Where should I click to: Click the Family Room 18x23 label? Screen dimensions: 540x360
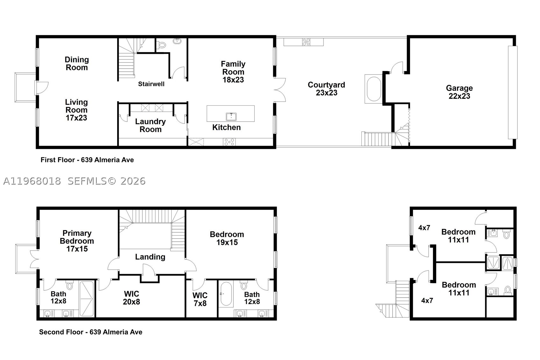coord(233,72)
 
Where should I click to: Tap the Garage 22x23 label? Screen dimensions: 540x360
coord(459,92)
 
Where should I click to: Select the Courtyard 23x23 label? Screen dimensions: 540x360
coord(326,89)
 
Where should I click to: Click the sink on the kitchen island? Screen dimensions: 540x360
coord(231,116)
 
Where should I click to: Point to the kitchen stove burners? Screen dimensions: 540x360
coord(229,142)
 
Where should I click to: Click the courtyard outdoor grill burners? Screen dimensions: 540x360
coord(306,42)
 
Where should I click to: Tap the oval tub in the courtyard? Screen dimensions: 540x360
coord(374,89)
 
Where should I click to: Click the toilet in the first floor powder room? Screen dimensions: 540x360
coord(162,45)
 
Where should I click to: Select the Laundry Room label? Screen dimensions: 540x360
coord(150,125)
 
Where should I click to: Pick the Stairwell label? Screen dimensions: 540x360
coord(151,84)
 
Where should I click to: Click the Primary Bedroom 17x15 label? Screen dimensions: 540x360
coord(77,241)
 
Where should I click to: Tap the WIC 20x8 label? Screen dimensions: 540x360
coord(131,298)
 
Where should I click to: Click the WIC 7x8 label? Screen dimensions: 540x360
coord(200,299)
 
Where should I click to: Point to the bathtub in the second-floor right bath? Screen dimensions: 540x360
coord(226,294)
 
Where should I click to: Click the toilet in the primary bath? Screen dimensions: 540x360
coord(70,285)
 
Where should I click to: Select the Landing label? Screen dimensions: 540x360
coord(150,257)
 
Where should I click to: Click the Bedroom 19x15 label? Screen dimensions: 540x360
coord(227,238)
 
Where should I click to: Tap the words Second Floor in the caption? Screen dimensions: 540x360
coord(61,332)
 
